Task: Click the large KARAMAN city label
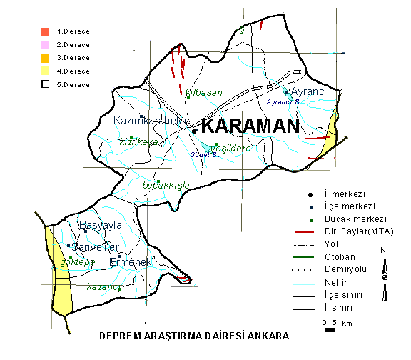(249, 127)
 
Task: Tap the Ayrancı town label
(309, 92)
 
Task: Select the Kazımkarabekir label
(150, 121)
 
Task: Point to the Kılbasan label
(204, 93)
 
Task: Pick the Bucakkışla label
(166, 185)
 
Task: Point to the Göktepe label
(78, 262)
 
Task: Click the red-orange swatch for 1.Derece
(45, 31)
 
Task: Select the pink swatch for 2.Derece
(45, 44)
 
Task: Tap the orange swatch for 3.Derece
(45, 57)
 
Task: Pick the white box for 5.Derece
(45, 84)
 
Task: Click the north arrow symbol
(385, 270)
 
